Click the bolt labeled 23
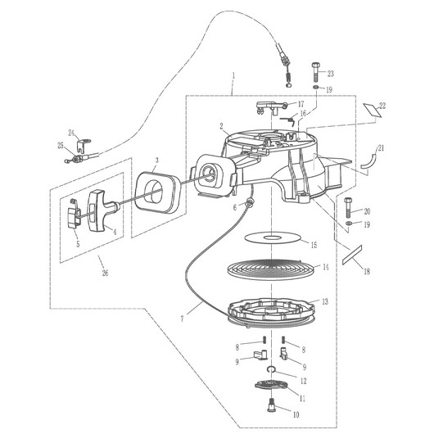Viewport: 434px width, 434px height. (315, 72)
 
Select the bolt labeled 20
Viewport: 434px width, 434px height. (348, 207)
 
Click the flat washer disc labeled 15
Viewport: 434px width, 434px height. (274, 237)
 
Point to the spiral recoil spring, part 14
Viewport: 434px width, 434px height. (271, 269)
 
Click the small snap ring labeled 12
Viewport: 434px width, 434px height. (271, 369)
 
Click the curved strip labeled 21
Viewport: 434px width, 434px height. (370, 161)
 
